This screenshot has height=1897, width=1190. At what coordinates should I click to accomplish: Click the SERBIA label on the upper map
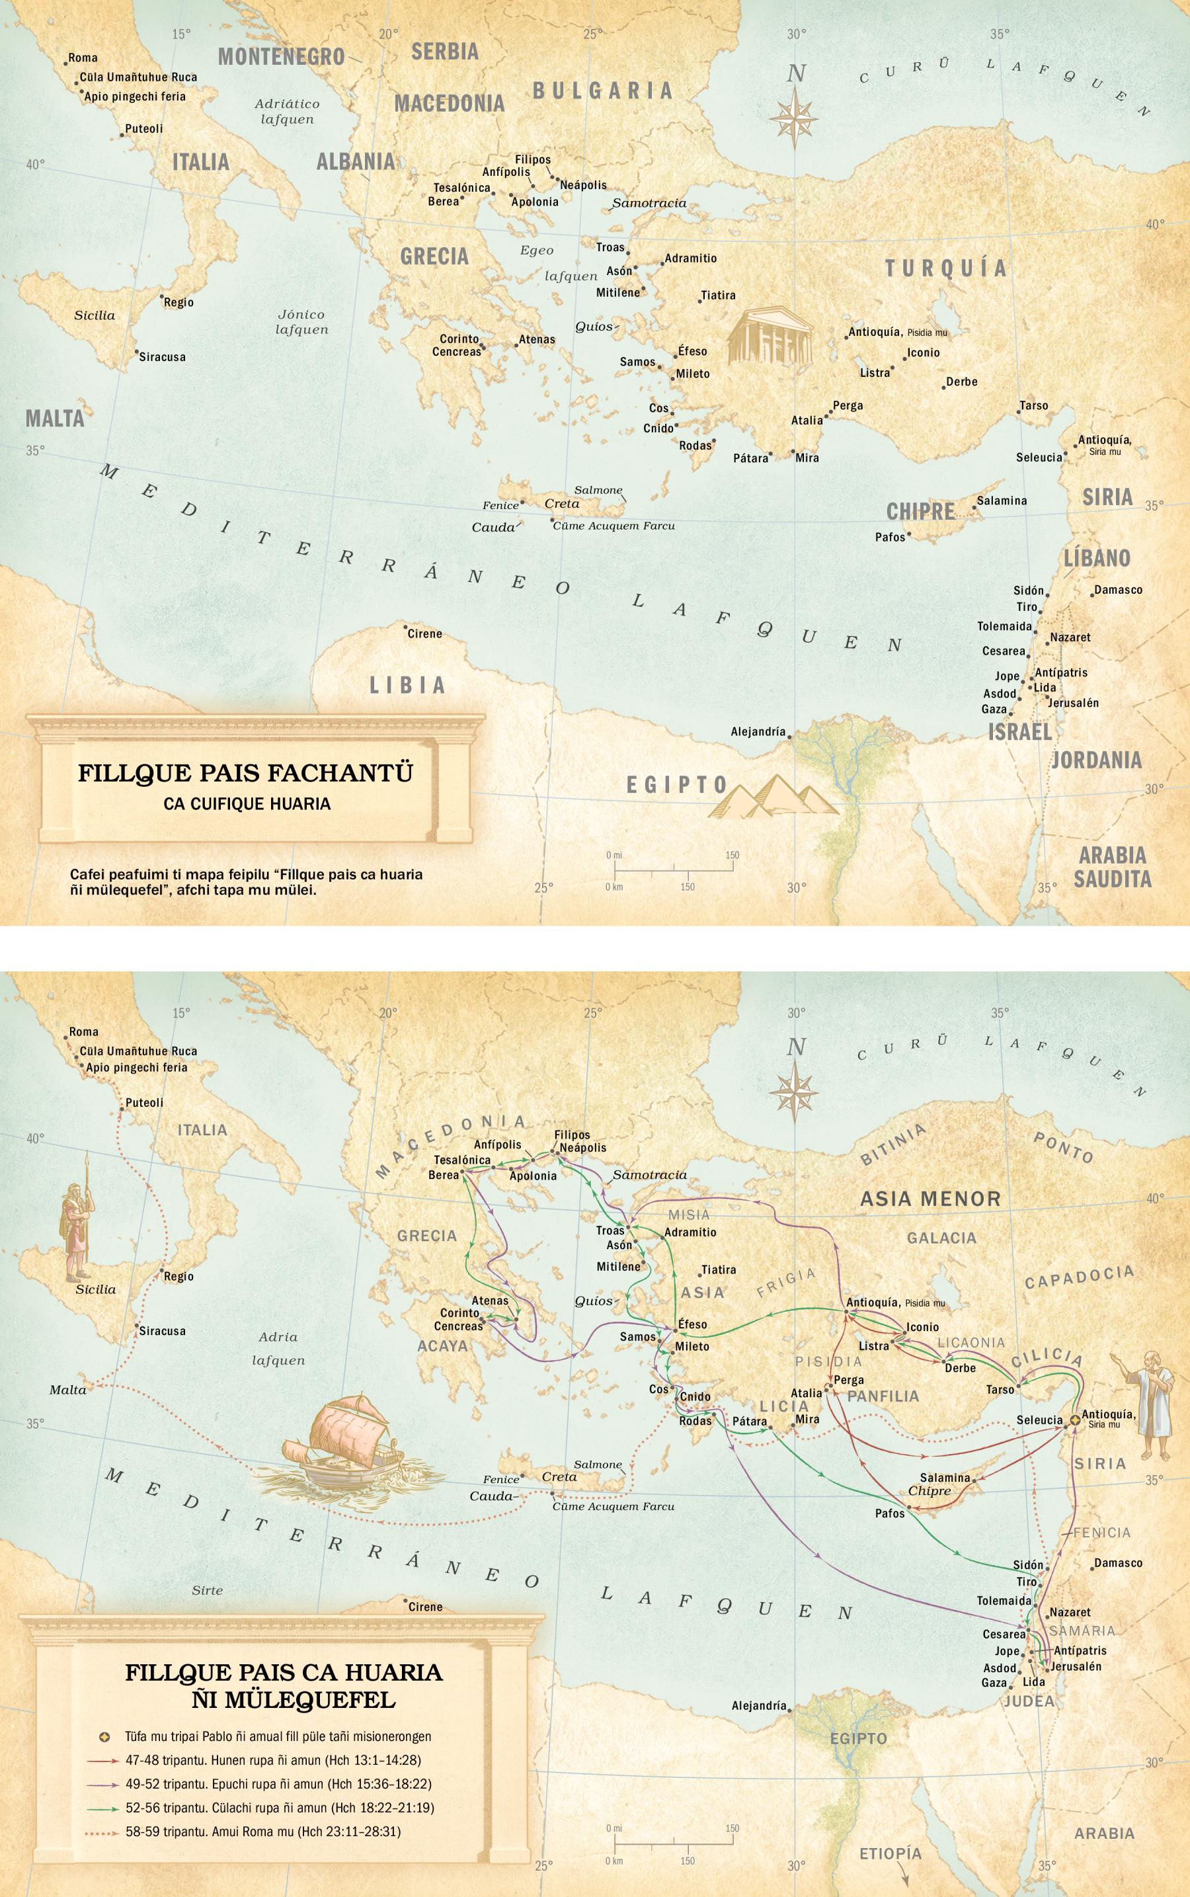tap(445, 51)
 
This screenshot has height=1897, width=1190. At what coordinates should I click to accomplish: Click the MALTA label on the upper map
tap(54, 418)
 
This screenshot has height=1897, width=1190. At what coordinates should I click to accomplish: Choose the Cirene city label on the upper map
tap(424, 633)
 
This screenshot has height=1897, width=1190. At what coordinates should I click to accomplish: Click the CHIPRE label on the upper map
tap(920, 512)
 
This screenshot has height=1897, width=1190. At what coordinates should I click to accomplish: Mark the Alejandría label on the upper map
tap(758, 731)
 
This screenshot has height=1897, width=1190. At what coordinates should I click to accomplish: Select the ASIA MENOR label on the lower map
tap(930, 1199)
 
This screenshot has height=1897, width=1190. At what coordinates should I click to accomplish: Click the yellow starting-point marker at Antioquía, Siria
tap(1074, 1421)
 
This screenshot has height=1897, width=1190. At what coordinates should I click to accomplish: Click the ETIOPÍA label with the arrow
tap(889, 1853)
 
